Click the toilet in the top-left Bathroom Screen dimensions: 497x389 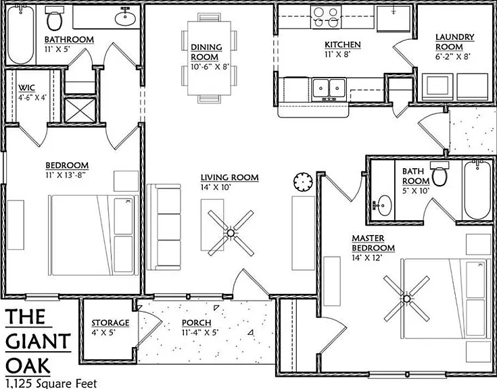54,18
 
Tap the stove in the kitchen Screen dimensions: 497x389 325,17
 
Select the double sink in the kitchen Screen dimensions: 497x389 329,90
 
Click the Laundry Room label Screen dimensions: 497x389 454,42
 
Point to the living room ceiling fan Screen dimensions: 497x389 231,233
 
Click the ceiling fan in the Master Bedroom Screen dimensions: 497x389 406,298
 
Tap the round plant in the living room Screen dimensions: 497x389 303,182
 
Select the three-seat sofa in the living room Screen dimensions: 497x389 164,227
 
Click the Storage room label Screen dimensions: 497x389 110,323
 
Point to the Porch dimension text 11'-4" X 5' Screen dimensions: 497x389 200,333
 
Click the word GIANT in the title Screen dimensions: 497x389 38,342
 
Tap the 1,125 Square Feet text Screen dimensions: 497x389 51,384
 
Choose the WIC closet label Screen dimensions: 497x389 26,88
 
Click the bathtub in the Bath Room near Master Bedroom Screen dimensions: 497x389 477,190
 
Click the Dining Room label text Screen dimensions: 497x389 206,52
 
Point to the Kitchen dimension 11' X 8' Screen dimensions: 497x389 337,55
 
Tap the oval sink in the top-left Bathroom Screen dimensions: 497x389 125,18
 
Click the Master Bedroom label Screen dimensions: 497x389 373,242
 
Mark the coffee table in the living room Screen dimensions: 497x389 212,225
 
